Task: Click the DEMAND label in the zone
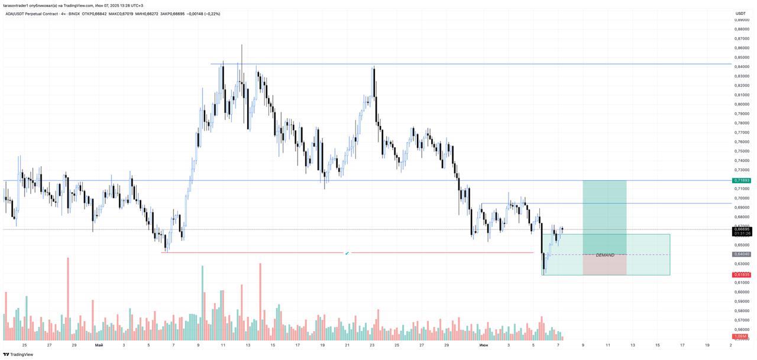coord(605,255)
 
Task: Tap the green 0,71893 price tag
coord(742,180)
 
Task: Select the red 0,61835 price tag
coord(742,275)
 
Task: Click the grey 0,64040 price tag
coord(742,254)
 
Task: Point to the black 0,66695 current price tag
coord(742,229)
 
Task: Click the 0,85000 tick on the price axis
coord(742,57)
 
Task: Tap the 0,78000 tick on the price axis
coord(742,123)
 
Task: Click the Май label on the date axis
coord(99,345)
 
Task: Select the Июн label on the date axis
coord(484,345)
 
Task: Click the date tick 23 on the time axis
coord(372,345)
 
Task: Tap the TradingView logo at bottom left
coord(18,355)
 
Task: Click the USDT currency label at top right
coord(740,14)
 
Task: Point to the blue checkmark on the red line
coord(347,253)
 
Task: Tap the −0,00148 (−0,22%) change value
coord(203,14)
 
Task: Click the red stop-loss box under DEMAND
coord(604,265)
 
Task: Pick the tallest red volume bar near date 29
coord(68,299)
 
